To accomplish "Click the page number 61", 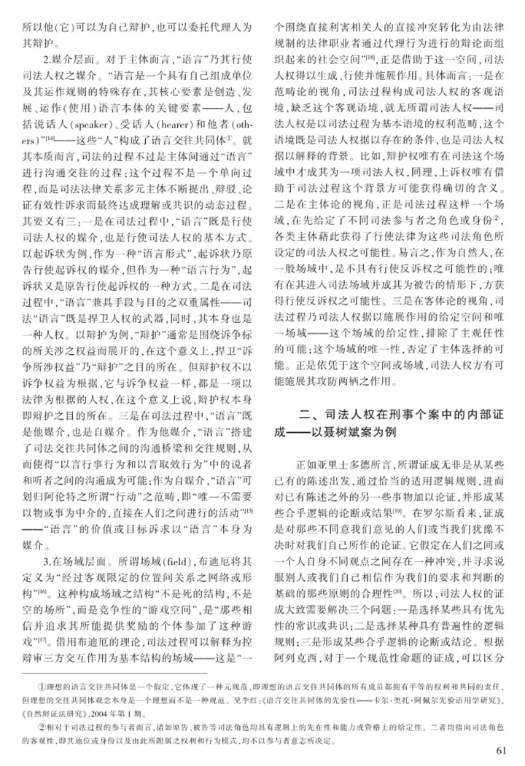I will pyautogui.click(x=500, y=751).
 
